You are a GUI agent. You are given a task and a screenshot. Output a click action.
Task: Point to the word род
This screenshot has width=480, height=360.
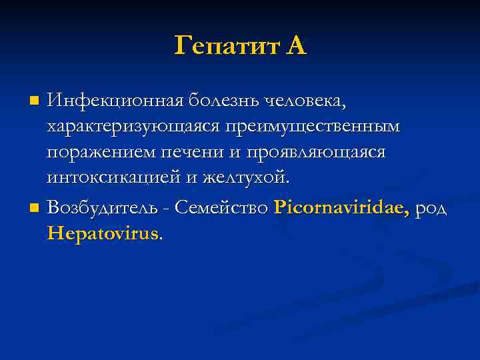click(431, 209)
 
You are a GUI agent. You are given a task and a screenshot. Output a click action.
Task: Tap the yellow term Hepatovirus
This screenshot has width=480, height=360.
click(103, 234)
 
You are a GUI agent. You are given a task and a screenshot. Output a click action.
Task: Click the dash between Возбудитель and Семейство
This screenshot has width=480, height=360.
click(167, 209)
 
